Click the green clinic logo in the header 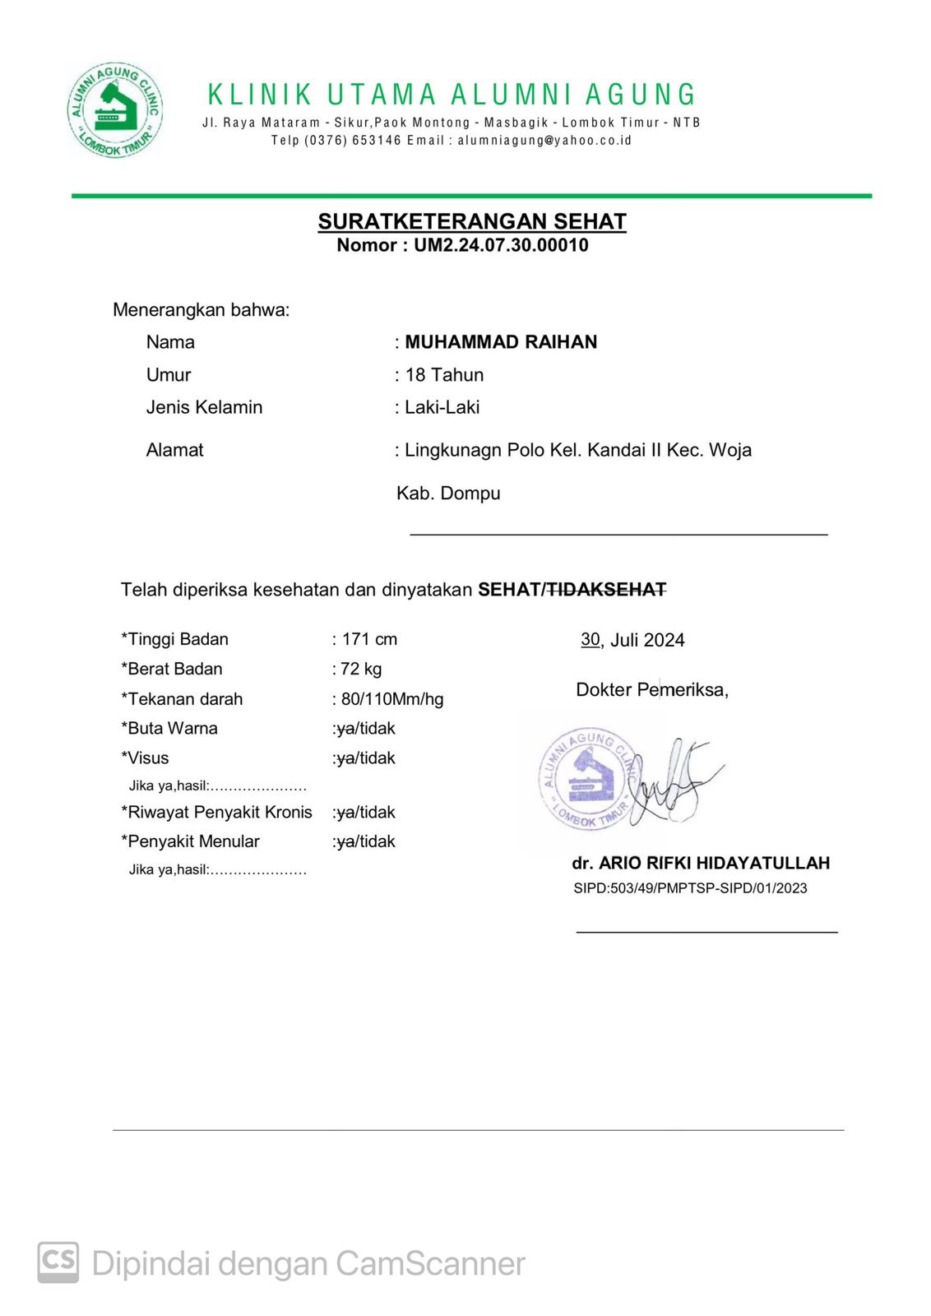pos(115,110)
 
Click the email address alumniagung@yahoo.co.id pos(544,141)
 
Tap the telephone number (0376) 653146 pos(353,141)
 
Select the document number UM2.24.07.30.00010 pos(501,245)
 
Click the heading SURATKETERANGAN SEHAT pos(472,221)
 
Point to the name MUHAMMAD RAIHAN pos(501,342)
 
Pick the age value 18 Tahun pos(444,375)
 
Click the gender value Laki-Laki pos(442,407)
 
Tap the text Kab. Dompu pos(448,493)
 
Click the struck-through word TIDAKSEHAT pos(607,590)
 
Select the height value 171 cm pos(369,639)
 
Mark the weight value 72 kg pos(362,669)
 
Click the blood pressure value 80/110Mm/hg pos(392,699)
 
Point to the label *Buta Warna pos(169,729)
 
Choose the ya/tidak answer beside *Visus pos(366,758)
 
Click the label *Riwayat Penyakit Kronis pos(217,813)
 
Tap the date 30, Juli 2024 pos(632,640)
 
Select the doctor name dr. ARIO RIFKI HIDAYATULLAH pos(701,863)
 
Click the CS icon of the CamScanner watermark pos(58,1263)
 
